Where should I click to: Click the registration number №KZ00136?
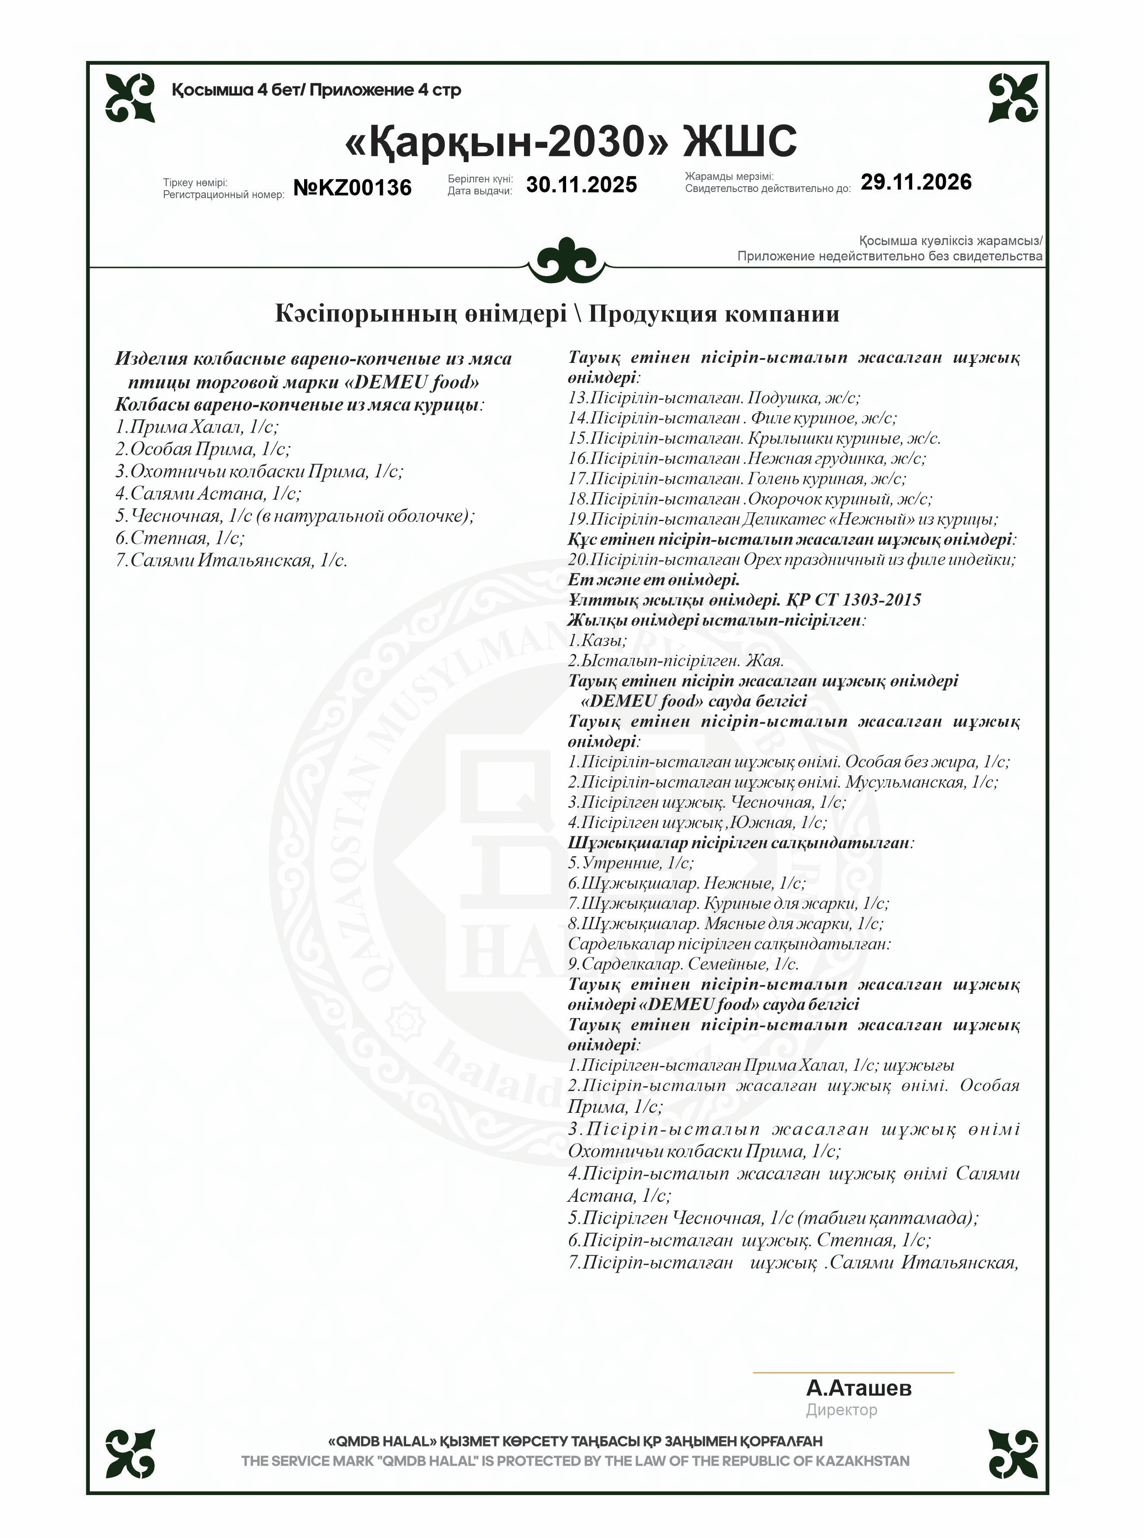pyautogui.click(x=352, y=187)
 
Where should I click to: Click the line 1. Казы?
pyautogui.click(x=597, y=640)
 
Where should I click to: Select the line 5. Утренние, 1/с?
pyautogui.click(x=630, y=863)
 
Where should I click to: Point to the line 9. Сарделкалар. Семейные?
pyautogui.click(x=683, y=964)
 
